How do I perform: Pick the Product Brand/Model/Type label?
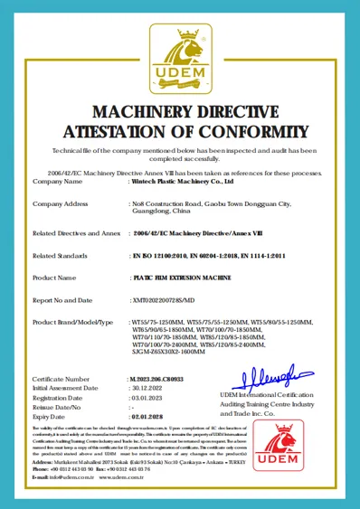coord(72,322)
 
